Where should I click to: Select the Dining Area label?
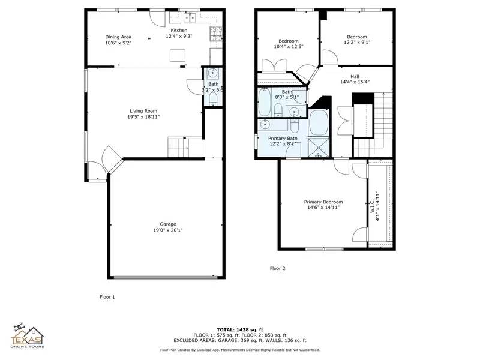[118, 37]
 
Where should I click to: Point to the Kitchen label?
[179, 30]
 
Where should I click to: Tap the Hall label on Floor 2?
[355, 76]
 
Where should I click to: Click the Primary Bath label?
[283, 138]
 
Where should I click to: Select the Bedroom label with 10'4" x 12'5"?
[289, 40]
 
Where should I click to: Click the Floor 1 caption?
[107, 296]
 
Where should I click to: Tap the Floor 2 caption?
[277, 268]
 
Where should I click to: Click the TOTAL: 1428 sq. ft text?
[240, 329]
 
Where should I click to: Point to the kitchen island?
[177, 55]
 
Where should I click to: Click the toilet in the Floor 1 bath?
[212, 98]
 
